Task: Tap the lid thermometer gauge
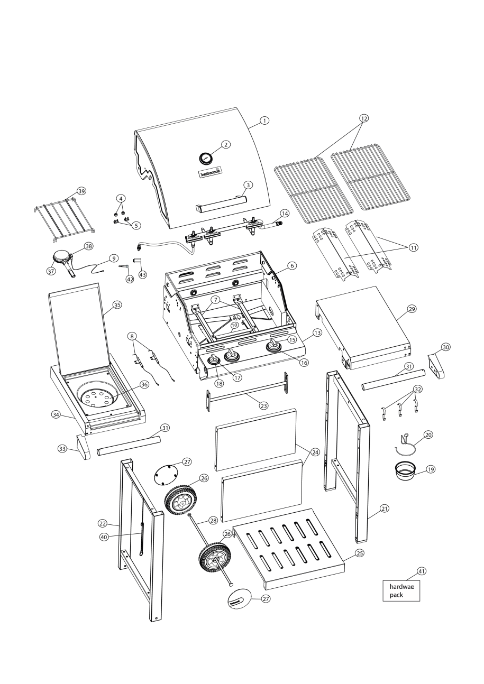205,158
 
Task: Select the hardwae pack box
401,590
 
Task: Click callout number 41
422,571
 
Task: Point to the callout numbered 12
362,118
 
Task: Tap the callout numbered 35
117,305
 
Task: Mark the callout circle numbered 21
384,509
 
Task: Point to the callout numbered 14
285,214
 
